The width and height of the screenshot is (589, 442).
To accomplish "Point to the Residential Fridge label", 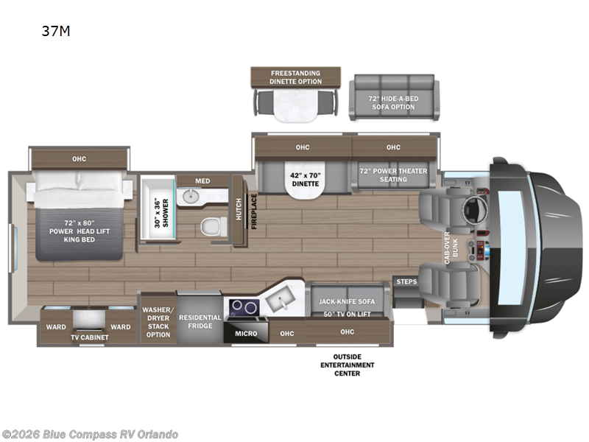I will (200, 321).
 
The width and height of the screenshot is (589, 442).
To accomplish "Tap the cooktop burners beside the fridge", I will (243, 306).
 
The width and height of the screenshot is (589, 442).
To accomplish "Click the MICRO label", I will (247, 334).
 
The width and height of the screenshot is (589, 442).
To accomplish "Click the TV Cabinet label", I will (89, 337).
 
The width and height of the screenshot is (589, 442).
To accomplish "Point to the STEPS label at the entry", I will (406, 281).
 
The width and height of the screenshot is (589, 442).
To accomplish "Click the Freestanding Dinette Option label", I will (296, 77).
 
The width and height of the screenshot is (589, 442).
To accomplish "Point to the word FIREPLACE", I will (253, 211).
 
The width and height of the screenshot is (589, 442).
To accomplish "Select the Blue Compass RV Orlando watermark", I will (90, 434).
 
